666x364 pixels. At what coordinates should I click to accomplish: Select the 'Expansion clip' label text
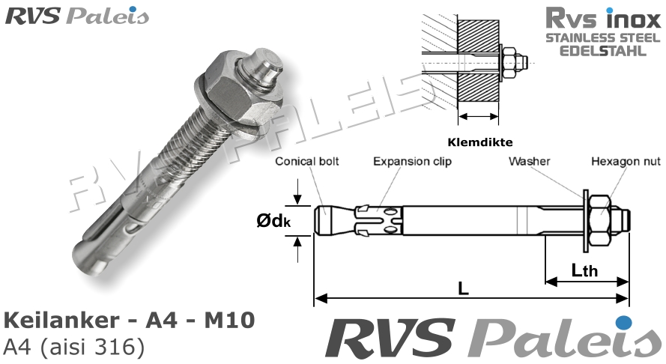coord(412,161)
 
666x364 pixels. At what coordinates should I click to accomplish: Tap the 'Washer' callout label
coord(530,161)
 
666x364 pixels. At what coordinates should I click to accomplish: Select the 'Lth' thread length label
coord(584,269)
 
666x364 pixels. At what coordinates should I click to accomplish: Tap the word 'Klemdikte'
coord(477,140)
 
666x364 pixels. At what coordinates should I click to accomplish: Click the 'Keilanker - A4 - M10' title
coord(130,320)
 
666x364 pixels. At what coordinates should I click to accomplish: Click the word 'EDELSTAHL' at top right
coord(602,52)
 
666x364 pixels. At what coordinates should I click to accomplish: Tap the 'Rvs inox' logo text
coord(602,18)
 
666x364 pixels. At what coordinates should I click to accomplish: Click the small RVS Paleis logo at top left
coord(77,16)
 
